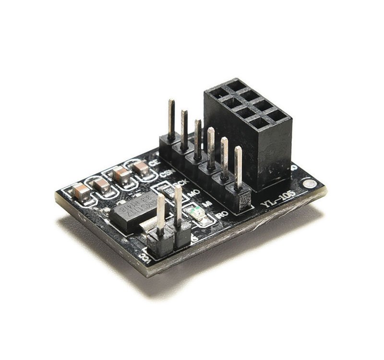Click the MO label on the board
pos(193,193)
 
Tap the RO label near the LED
pos(221,215)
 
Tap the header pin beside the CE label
pos(171,120)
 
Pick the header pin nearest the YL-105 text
pos(239,168)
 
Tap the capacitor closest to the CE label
pos(141,168)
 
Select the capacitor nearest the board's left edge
pos(81,192)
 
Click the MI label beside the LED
pos(208,204)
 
